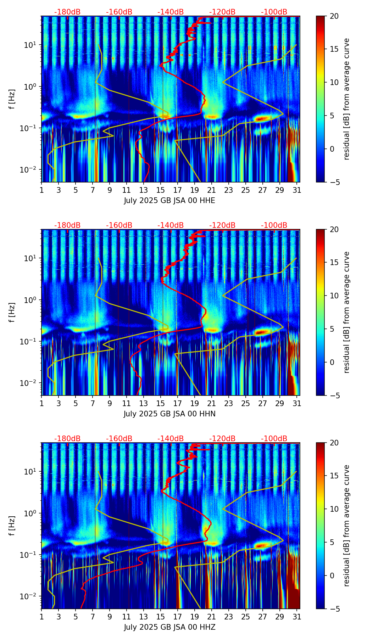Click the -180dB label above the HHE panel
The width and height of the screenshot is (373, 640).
coord(67,12)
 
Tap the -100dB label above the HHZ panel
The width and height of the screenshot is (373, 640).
coord(274,439)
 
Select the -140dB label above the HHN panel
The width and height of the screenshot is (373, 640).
coord(171,225)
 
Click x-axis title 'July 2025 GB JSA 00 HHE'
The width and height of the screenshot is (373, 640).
coord(169,201)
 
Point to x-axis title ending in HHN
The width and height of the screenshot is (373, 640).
coord(169,414)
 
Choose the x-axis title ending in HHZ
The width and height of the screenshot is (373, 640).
coord(169,627)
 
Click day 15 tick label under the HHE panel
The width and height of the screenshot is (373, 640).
coord(161,190)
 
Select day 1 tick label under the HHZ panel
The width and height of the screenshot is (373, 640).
coord(42,617)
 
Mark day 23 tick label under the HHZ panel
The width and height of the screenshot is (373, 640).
coord(229,617)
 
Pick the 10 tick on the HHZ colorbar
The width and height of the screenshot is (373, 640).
coord(332,509)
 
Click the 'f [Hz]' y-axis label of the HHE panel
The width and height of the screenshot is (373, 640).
coord(12,99)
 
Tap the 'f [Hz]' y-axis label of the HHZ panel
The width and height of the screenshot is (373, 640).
coord(12,526)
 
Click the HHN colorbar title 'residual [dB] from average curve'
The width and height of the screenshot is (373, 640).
coord(347,312)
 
